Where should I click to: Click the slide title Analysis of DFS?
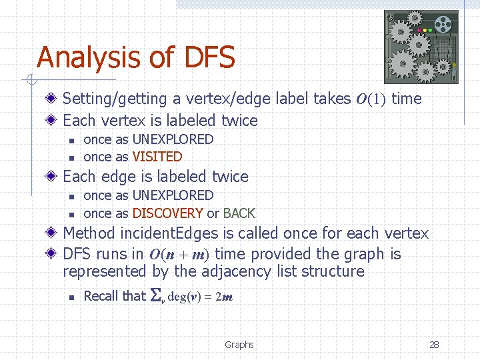pos(136,57)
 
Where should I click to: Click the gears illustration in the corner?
pos(421,47)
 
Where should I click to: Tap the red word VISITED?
pos(157,157)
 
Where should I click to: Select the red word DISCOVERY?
pos(167,213)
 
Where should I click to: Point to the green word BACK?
pos(239,213)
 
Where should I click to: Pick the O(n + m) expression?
pos(180,255)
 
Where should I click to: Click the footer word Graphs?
pos(239,345)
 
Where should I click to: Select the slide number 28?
pos(434,345)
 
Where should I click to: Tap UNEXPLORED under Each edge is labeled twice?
pos(173,195)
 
